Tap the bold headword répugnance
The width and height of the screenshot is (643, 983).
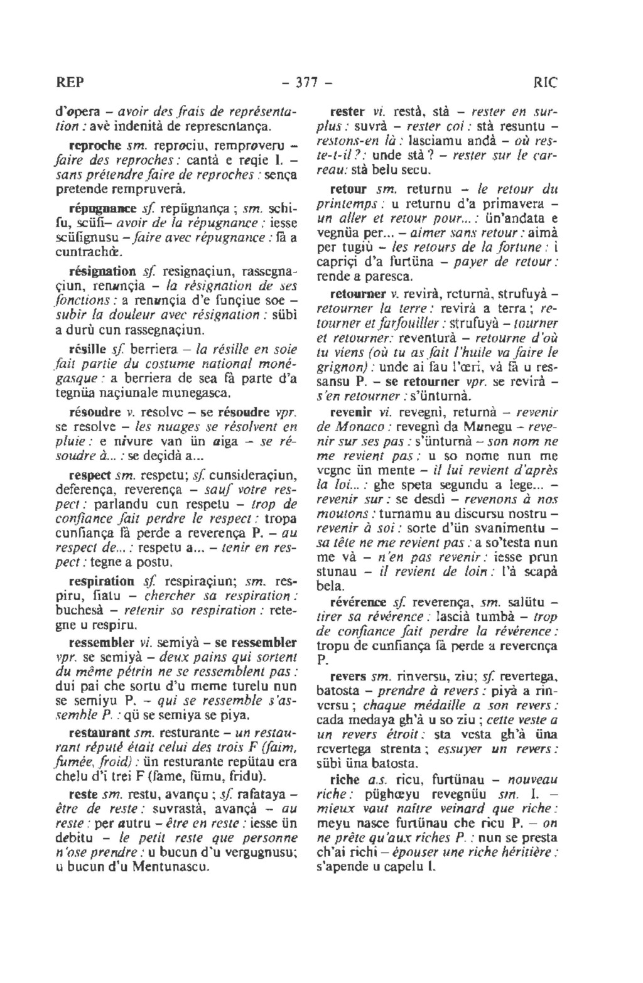95,207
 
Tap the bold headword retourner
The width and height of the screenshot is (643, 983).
355,293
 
